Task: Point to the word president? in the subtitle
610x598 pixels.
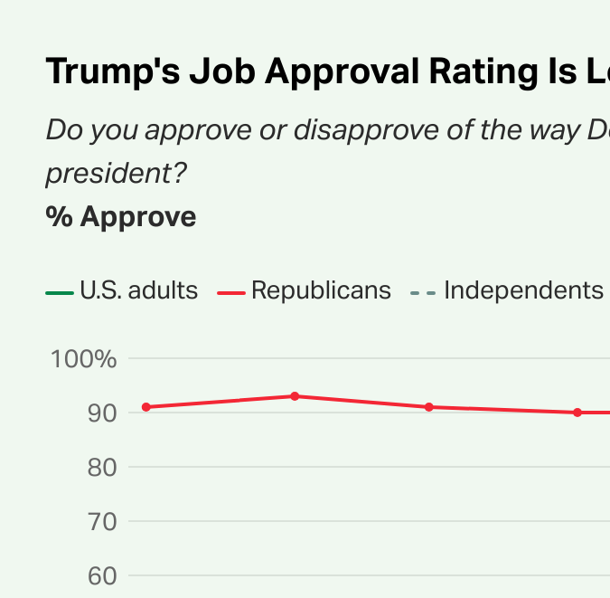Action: click(x=116, y=173)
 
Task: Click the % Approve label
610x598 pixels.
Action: click(x=120, y=217)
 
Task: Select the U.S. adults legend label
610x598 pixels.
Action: click(x=139, y=290)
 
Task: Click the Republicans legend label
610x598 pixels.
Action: click(x=321, y=290)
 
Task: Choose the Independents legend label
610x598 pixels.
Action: click(x=523, y=290)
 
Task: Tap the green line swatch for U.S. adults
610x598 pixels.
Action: click(x=60, y=292)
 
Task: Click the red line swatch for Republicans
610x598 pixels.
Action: click(x=231, y=292)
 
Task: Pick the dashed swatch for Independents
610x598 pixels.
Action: click(x=423, y=292)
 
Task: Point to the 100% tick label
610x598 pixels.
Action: click(x=84, y=359)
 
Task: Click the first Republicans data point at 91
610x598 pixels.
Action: click(x=145, y=407)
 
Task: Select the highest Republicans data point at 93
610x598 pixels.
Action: click(x=295, y=396)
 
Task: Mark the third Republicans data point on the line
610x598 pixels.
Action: click(x=429, y=407)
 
